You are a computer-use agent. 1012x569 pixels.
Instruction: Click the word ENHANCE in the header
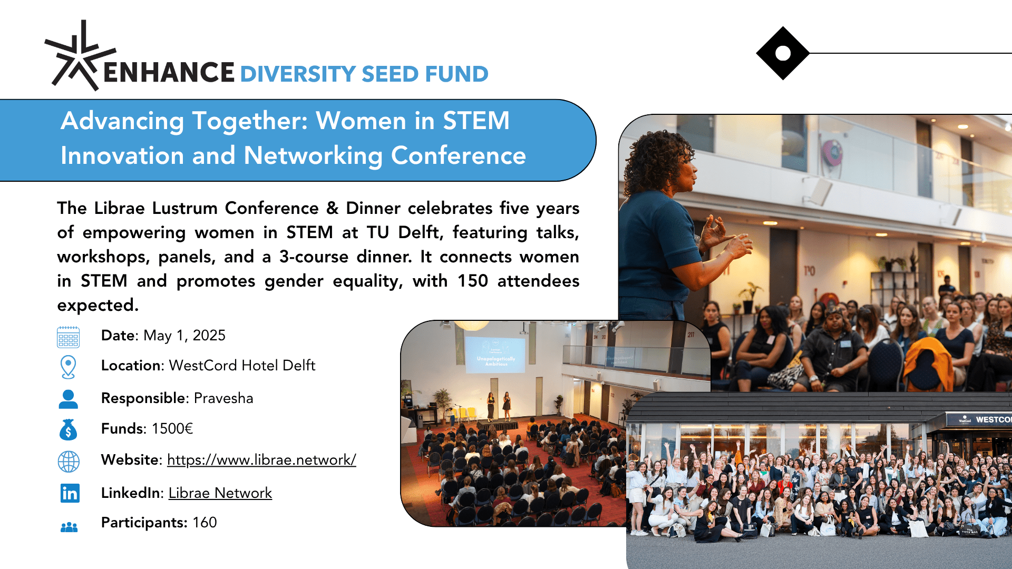click(169, 73)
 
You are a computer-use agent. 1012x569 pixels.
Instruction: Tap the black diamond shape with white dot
click(783, 53)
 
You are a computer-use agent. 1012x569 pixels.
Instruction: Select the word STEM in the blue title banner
click(476, 121)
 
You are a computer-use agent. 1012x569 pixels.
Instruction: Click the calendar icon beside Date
click(69, 337)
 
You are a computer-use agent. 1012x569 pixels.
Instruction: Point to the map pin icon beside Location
click(69, 367)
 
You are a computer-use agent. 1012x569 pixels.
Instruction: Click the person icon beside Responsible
click(69, 399)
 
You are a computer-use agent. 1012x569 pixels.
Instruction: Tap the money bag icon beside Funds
click(69, 430)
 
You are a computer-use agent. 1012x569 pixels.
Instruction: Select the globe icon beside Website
click(69, 462)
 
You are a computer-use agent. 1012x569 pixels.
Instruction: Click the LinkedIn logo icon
click(70, 493)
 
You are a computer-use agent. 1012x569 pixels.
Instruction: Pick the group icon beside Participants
click(69, 527)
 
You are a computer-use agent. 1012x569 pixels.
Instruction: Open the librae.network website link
click(261, 460)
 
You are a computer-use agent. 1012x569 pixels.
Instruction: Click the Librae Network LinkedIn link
click(220, 493)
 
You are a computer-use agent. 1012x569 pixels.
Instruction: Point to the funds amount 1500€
click(172, 429)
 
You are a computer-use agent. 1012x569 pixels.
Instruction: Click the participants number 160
click(205, 523)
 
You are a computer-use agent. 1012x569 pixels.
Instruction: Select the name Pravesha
click(223, 398)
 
